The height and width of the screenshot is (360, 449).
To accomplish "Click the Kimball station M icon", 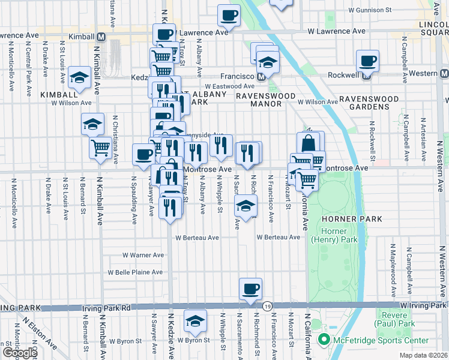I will click(101, 37).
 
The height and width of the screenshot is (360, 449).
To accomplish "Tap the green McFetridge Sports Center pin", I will click(325, 341).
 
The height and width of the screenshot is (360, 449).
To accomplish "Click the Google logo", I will click(19, 353).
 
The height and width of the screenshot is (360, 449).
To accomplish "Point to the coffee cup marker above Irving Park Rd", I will click(250, 289).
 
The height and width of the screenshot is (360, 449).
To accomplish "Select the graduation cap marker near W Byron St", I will click(195, 321).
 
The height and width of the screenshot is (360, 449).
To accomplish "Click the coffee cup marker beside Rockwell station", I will click(367, 60).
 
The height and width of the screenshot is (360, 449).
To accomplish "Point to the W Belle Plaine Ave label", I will click(135, 272).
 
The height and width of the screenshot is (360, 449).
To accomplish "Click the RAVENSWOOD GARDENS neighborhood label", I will click(368, 101).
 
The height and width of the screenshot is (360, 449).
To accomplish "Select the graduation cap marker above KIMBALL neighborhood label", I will click(79, 77).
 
